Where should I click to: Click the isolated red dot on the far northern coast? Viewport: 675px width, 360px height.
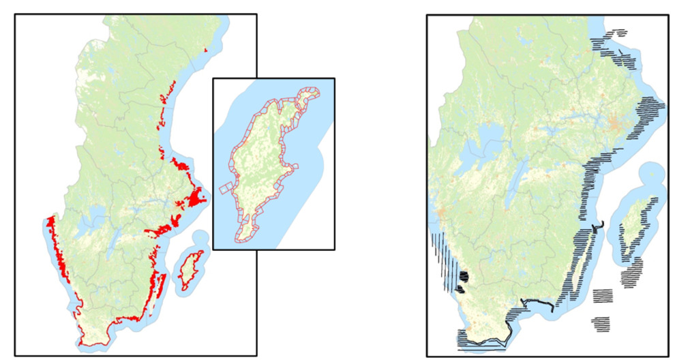pos(206,50)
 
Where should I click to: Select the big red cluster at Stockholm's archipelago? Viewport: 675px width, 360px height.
pos(197,198)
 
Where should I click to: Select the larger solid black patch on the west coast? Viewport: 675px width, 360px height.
pos(464,277)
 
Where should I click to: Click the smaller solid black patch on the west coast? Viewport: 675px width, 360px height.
pos(460,289)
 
